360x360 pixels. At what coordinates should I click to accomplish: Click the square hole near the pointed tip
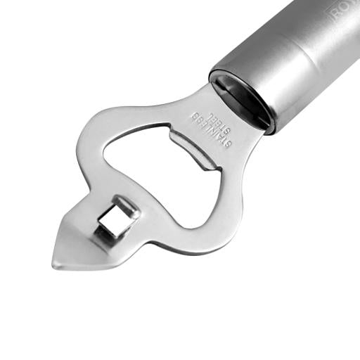tap(112, 223)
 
